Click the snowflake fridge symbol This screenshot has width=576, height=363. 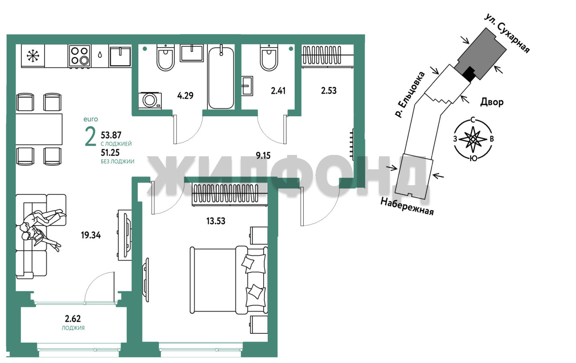pyautogui.click(x=33, y=56)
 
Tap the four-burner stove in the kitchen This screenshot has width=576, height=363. pyautogui.click(x=80, y=56)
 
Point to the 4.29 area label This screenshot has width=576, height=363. pyautogui.click(x=185, y=96)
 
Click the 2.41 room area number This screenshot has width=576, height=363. pyautogui.click(x=278, y=91)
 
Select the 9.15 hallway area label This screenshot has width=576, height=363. pyautogui.click(x=263, y=155)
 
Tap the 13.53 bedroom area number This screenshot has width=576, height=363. pyautogui.click(x=216, y=221)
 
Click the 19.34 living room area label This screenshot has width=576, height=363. pyautogui.click(x=91, y=235)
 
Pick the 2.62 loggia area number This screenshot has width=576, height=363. pyautogui.click(x=73, y=319)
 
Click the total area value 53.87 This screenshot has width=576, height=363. pyautogui.click(x=111, y=135)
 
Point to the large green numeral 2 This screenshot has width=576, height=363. pyautogui.click(x=90, y=136)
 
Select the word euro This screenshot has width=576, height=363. pyautogui.click(x=91, y=119)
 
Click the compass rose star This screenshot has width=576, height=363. pyautogui.click(x=473, y=139)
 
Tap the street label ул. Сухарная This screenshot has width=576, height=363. pyautogui.click(x=507, y=33)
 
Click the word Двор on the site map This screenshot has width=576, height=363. pyautogui.click(x=492, y=102)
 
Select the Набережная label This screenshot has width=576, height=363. pyautogui.click(x=407, y=206)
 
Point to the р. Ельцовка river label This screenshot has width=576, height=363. pyautogui.click(x=410, y=95)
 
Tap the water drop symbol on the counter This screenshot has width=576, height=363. pyautogui.click(x=100, y=55)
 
